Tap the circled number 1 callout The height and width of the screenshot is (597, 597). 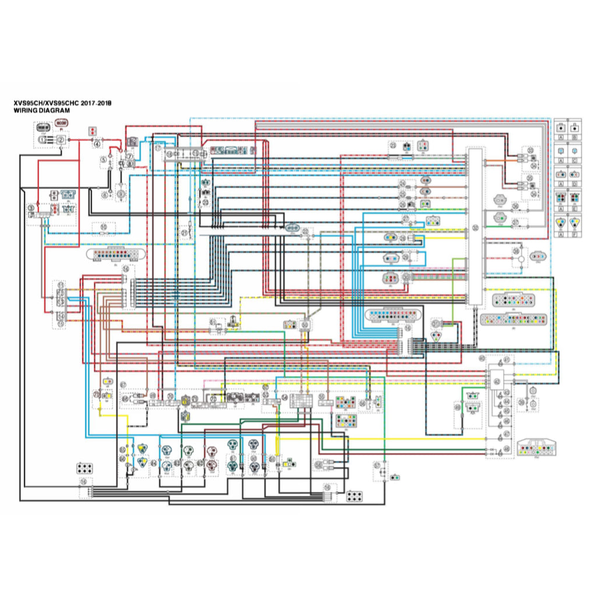[x=43, y=140]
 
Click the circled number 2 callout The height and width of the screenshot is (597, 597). [x=61, y=140]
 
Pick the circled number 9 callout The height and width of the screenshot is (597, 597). [x=30, y=208]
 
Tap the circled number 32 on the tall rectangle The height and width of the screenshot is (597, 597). [x=475, y=228]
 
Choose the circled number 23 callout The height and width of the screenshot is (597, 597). [x=393, y=146]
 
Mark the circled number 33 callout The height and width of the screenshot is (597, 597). [x=531, y=150]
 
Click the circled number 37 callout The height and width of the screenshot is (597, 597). [x=515, y=223]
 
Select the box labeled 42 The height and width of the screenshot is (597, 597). [x=497, y=382]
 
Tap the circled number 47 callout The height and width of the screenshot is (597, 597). [x=507, y=434]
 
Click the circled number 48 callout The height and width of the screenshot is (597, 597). [x=506, y=449]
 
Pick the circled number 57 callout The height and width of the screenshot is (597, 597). [x=377, y=465]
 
